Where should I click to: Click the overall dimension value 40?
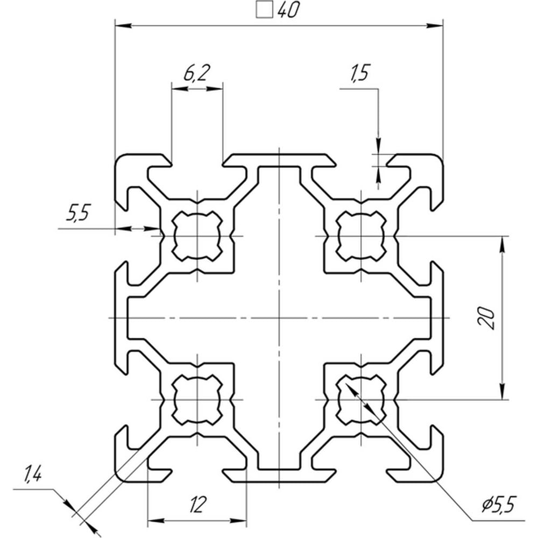point(288,10)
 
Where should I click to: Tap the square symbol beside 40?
point(265,10)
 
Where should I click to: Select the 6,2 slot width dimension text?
point(196,73)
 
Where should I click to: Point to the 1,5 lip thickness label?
point(359,73)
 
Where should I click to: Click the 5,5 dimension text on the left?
point(77,214)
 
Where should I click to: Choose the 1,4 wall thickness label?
point(33,476)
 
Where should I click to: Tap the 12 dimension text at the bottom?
point(198,505)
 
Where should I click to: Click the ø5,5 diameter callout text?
point(499,505)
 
